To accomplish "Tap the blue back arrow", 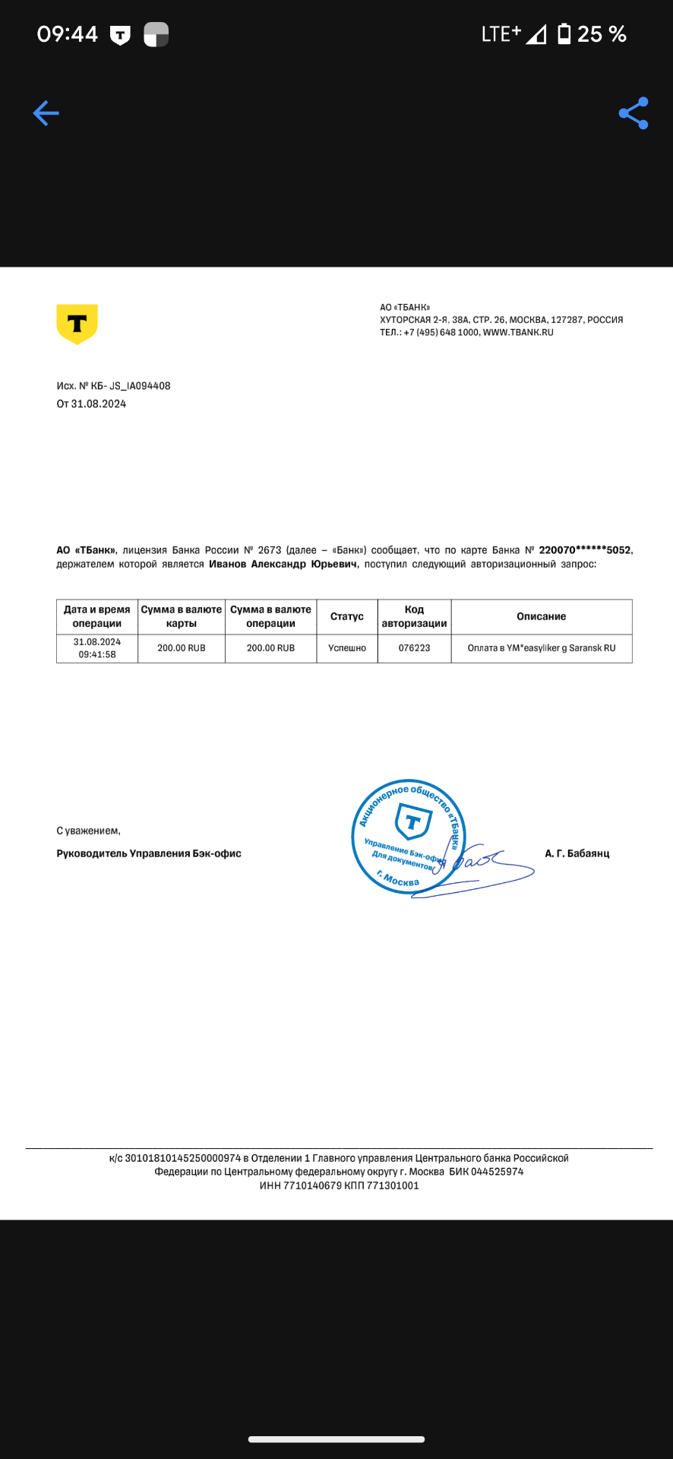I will pyautogui.click(x=46, y=113).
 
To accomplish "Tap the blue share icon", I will pyautogui.click(x=634, y=113).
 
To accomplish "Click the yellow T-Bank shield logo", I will pyautogui.click(x=77, y=324).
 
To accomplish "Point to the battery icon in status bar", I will pyautogui.click(x=564, y=34).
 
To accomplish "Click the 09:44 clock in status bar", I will pyautogui.click(x=67, y=34).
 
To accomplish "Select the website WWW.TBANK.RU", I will pyautogui.click(x=518, y=332).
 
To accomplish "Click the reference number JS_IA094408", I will pyautogui.click(x=140, y=386).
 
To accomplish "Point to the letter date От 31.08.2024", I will pyautogui.click(x=91, y=404).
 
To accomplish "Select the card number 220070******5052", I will pyautogui.click(x=584, y=550).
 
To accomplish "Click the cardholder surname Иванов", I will pyautogui.click(x=227, y=564).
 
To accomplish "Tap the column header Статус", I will pyautogui.click(x=347, y=616).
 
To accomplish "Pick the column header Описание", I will pyautogui.click(x=541, y=616).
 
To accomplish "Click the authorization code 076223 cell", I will pyautogui.click(x=414, y=648).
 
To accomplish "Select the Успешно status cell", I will pyautogui.click(x=347, y=648).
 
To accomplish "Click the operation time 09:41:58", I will pyautogui.click(x=97, y=654).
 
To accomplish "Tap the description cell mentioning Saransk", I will pyautogui.click(x=541, y=648).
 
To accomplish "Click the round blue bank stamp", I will pyautogui.click(x=409, y=837).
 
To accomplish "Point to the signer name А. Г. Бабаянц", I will pyautogui.click(x=577, y=853).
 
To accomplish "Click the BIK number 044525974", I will pyautogui.click(x=498, y=1172).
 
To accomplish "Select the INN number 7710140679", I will pyautogui.click(x=312, y=1185).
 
